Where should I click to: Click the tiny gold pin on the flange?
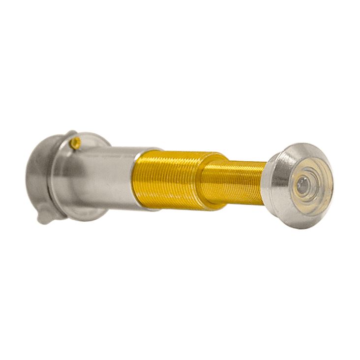coord(76,143)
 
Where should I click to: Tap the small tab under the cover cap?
coord(46,214)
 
